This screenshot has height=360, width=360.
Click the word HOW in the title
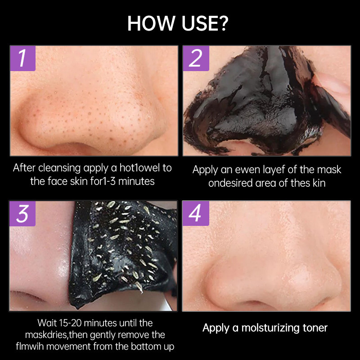151,23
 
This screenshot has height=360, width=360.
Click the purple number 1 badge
23,58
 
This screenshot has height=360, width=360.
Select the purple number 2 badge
196,58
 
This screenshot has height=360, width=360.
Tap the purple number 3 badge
22,213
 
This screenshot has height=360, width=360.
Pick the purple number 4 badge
196,213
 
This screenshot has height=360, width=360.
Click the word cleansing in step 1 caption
59,168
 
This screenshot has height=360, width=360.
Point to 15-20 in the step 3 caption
70,323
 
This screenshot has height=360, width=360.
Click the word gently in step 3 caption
100,335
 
